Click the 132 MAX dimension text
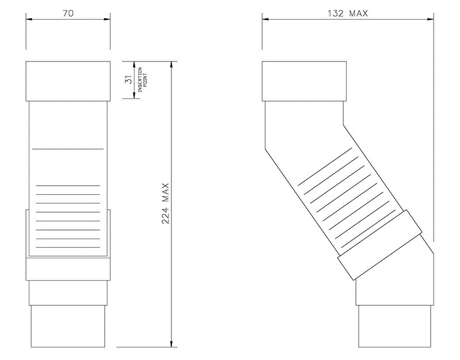tap(347, 12)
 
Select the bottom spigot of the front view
tap(68, 326)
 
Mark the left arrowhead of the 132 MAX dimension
tap(266, 19)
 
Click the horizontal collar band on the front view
tap(68, 269)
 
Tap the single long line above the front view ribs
tap(68, 148)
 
